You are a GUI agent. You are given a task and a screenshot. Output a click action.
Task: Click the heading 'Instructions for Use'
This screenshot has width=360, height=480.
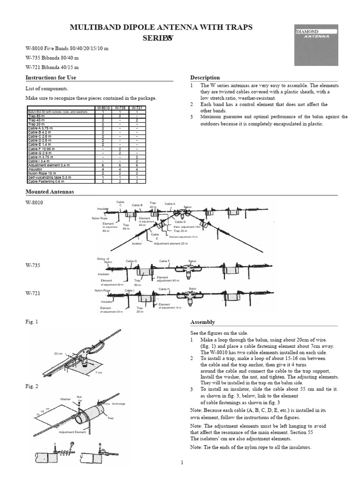tap(51, 77)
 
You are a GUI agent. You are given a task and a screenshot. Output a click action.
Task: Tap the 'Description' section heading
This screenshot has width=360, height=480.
tap(205, 77)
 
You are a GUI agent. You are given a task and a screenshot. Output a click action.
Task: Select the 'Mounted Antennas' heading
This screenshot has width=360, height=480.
tap(49, 192)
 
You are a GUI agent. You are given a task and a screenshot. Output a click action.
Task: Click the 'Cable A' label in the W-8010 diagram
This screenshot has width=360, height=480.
tap(170, 204)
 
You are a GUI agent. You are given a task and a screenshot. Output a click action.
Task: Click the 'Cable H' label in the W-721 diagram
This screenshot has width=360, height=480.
tap(164, 289)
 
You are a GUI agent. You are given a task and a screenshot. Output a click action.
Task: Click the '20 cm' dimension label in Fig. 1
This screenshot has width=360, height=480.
tap(58, 353)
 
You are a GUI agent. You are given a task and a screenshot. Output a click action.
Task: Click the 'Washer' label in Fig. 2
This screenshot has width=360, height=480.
tap(65, 399)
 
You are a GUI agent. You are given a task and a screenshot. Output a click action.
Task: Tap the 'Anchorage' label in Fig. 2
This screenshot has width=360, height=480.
tap(118, 403)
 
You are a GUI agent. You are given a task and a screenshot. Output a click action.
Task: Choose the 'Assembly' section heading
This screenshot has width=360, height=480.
tap(202, 322)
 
